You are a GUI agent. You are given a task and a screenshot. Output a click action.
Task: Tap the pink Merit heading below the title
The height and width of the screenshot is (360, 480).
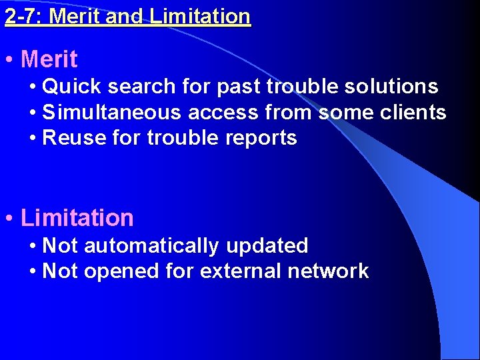[49, 59]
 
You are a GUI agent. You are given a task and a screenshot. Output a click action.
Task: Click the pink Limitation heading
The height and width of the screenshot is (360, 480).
[77, 218]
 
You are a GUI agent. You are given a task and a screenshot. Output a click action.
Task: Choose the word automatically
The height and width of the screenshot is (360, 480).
[151, 246]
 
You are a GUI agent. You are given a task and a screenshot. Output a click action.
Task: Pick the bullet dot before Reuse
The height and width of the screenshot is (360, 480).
[33, 138]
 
